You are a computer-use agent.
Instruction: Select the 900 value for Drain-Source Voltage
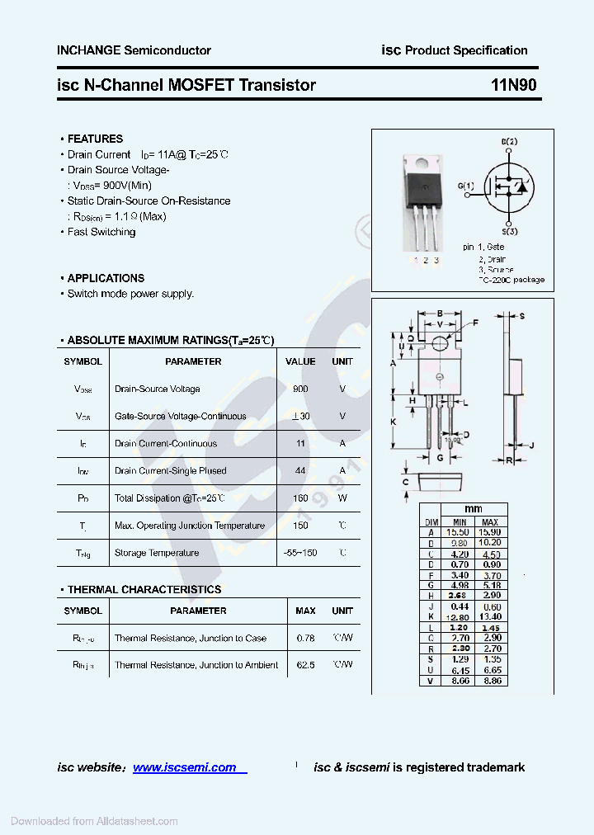point(300,389)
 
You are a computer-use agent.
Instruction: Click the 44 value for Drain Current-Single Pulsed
point(300,470)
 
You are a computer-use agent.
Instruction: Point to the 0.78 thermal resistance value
point(305,638)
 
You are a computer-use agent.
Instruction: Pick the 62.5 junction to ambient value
point(305,664)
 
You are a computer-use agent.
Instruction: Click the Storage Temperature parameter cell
point(157,553)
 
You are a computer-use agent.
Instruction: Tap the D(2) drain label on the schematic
point(509,142)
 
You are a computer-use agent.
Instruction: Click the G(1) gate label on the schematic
point(465,186)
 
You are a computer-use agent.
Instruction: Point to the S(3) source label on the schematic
point(509,232)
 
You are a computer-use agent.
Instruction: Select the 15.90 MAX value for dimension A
point(490,532)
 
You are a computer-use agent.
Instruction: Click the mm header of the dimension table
point(473,509)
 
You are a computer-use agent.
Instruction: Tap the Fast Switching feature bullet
point(101,232)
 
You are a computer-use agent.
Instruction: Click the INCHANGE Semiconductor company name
point(134,50)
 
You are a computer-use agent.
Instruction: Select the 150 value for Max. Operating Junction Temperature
point(300,525)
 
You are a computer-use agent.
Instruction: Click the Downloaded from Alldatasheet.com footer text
point(94,821)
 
